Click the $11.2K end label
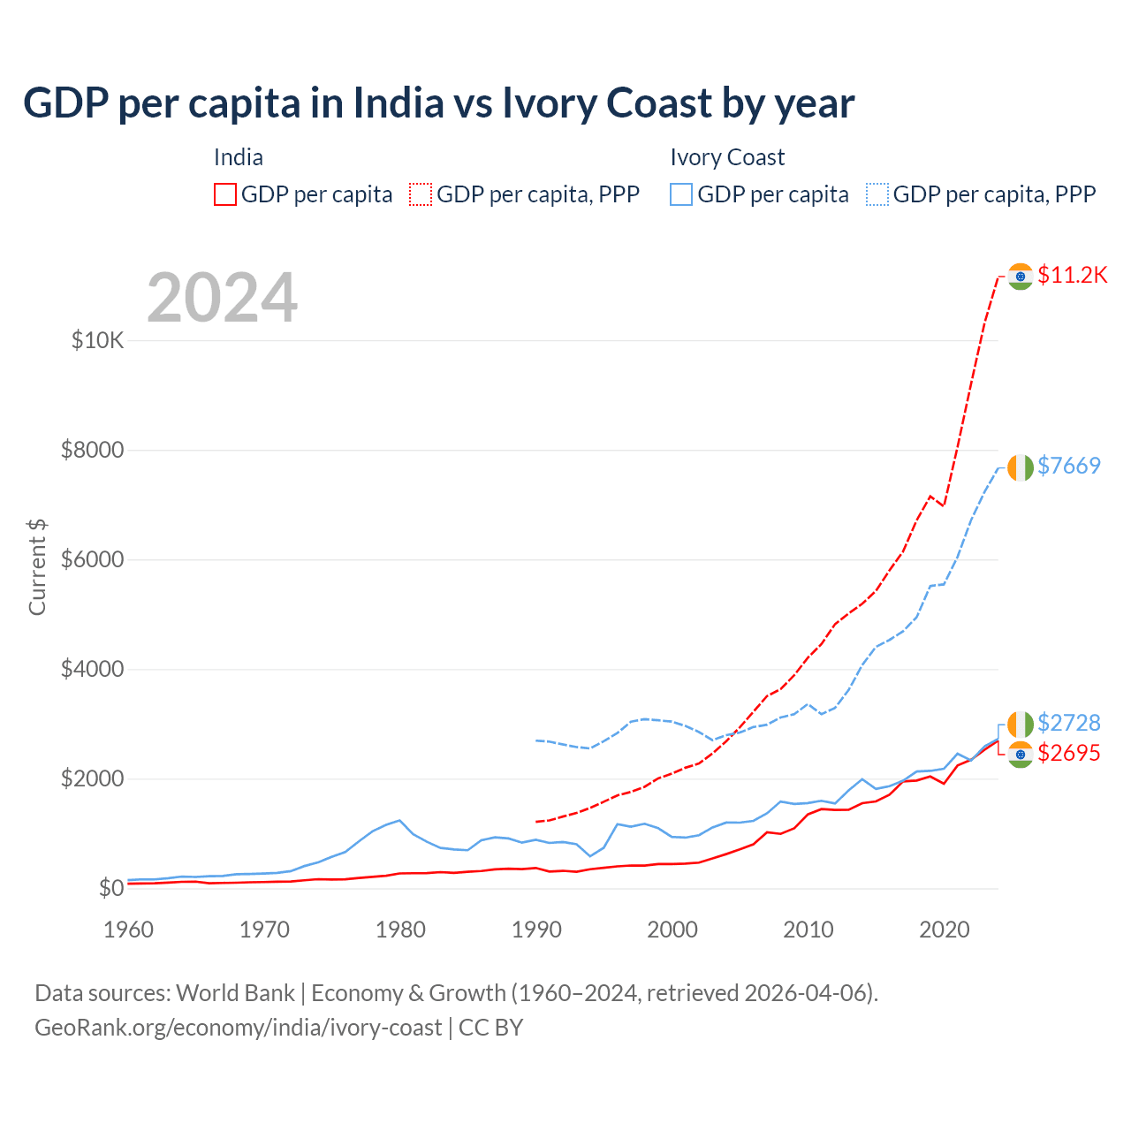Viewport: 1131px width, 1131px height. (1072, 275)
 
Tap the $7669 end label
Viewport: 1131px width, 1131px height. (1069, 466)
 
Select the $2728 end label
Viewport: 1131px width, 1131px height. (1069, 723)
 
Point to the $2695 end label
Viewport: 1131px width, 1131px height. (1069, 753)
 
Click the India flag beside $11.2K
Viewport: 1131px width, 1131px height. (1021, 277)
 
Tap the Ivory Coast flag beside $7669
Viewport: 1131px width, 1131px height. (1021, 467)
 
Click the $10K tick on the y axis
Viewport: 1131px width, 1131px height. (98, 340)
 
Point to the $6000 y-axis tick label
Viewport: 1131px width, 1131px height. (93, 559)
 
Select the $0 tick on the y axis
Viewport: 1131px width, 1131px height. (110, 888)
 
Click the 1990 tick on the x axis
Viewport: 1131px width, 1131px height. (536, 930)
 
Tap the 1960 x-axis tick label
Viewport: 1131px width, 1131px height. (129, 930)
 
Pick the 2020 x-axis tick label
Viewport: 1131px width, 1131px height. (945, 930)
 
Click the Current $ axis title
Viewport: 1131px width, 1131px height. (37, 567)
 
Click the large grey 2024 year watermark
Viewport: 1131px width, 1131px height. (222, 298)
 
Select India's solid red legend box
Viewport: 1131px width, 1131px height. (225, 194)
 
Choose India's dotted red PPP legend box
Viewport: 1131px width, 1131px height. (421, 194)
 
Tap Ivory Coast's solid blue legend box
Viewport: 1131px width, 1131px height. (681, 194)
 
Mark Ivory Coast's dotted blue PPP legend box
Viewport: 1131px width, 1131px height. (877, 194)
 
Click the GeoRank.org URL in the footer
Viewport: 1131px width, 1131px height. (238, 1028)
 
